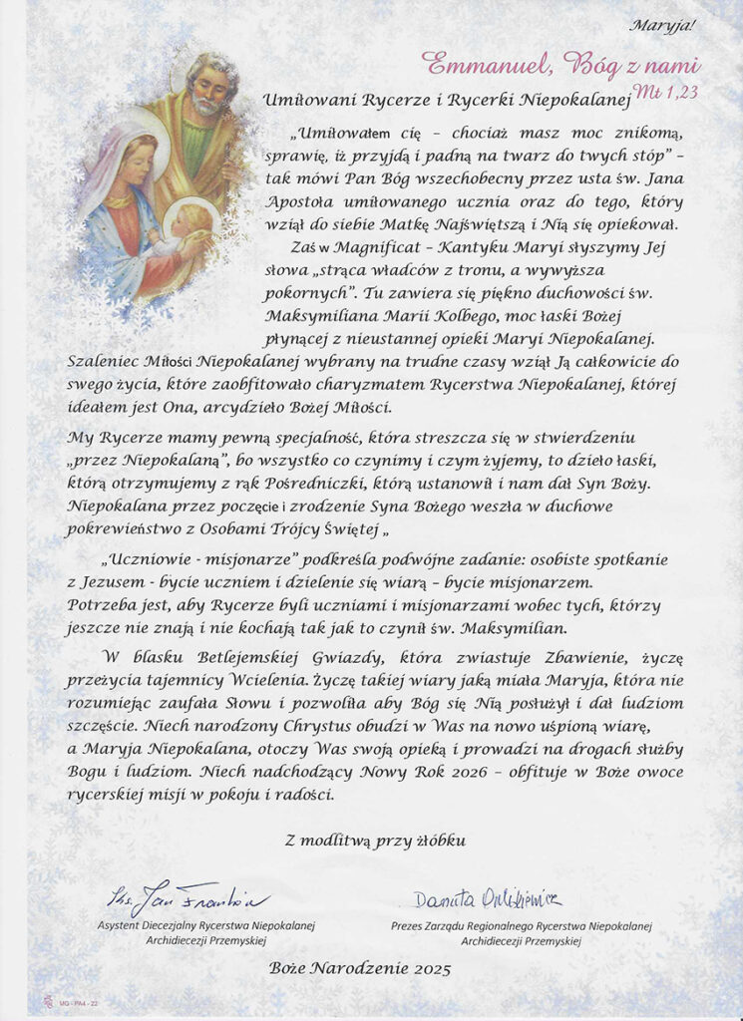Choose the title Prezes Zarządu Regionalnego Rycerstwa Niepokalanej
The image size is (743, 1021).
[521, 925]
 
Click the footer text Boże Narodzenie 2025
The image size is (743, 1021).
[360, 968]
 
